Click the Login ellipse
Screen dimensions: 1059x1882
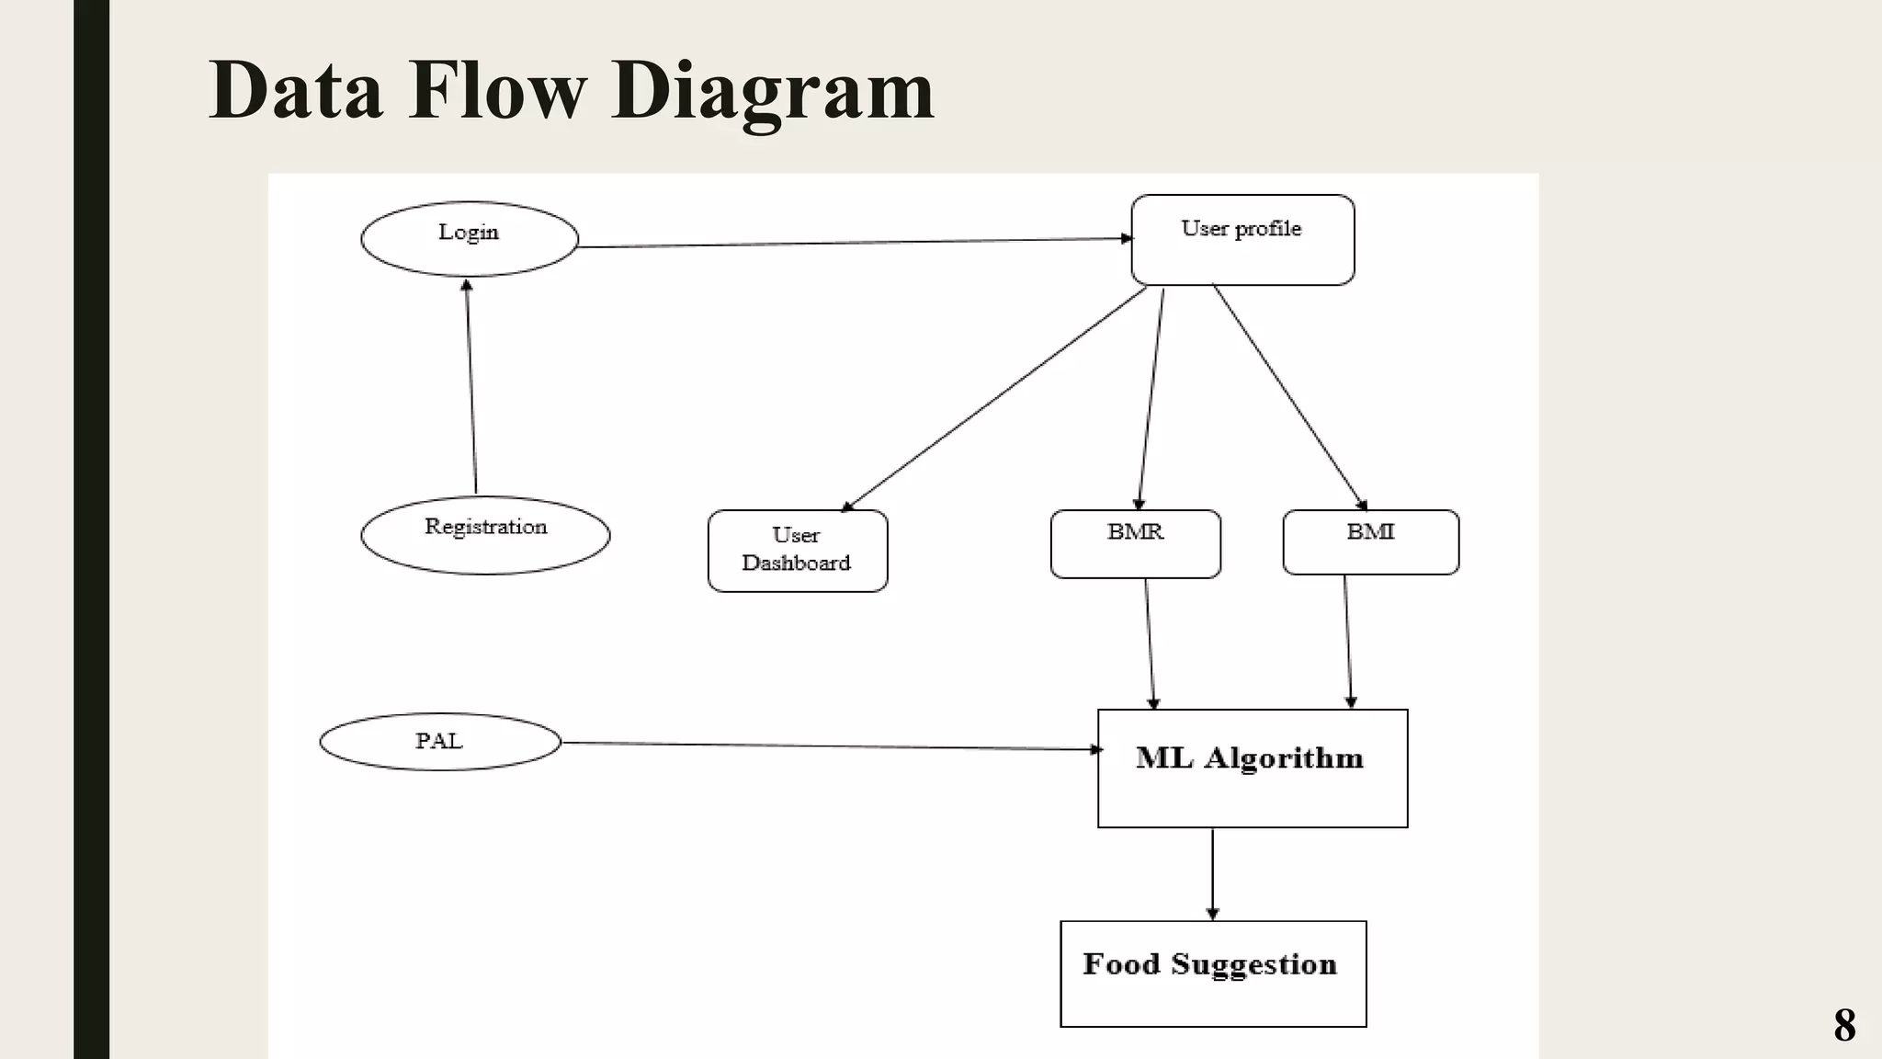470,239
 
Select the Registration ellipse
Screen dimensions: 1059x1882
485,535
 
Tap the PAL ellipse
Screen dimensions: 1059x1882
439,742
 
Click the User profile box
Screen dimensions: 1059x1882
1242,240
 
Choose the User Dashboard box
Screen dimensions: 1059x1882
798,551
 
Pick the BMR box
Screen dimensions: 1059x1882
1136,544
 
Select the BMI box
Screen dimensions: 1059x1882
1370,542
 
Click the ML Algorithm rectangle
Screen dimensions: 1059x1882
1252,769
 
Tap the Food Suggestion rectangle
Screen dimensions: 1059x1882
1213,974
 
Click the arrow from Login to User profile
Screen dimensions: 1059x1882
855,243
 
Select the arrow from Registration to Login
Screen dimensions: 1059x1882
471,386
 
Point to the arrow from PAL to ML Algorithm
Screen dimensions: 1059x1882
827,746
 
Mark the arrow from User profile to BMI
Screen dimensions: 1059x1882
1289,397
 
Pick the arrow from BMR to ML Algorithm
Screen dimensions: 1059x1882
1150,643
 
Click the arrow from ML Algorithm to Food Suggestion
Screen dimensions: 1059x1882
1212,873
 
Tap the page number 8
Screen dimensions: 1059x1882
1843,1024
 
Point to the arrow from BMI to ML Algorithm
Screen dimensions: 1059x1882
1348,642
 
